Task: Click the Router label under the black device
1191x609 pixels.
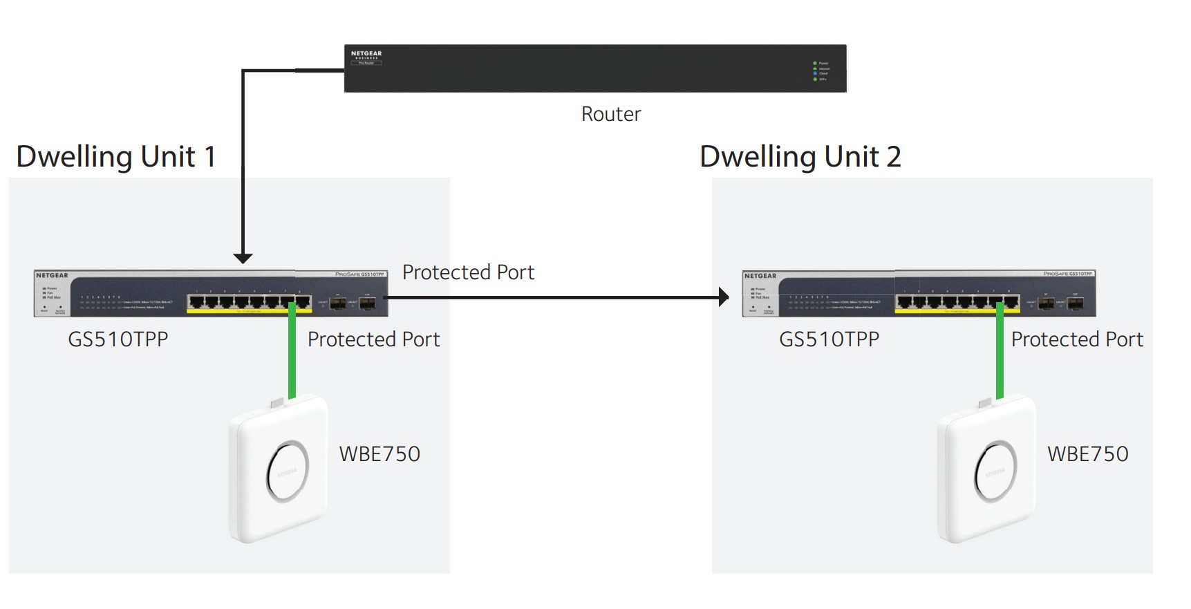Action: (611, 114)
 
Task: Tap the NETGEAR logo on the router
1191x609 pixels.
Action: (366, 54)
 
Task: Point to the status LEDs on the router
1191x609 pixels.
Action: (816, 71)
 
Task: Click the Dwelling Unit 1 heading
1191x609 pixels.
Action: (116, 157)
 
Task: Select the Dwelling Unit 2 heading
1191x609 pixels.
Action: (800, 157)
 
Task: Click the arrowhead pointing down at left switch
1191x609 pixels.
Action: (243, 258)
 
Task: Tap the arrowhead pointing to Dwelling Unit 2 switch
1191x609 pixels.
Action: (723, 297)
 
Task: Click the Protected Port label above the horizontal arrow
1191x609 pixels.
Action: (468, 272)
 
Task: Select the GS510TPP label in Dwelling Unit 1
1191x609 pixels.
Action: (118, 339)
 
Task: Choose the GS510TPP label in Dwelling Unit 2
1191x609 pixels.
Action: (829, 339)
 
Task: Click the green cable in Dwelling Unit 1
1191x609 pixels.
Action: (292, 356)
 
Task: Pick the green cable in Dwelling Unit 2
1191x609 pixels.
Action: (1000, 356)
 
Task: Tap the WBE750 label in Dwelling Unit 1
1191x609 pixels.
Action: (379, 454)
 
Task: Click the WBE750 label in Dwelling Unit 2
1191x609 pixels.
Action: (1087, 454)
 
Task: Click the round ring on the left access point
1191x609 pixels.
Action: (288, 471)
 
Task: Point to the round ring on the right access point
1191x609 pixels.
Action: (995, 471)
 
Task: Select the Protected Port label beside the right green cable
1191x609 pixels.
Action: (1076, 339)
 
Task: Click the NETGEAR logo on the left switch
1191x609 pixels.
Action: (53, 276)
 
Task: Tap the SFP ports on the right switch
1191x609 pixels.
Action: (1061, 303)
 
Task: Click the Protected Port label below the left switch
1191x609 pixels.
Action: (373, 339)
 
